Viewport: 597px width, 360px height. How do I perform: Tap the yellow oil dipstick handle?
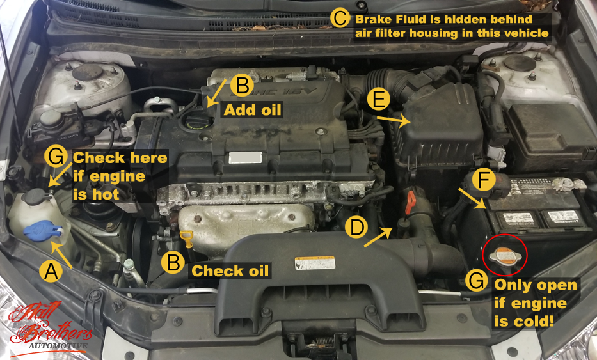point(187,239)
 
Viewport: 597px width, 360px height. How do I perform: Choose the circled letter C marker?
point(339,19)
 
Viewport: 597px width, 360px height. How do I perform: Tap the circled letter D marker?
point(356,227)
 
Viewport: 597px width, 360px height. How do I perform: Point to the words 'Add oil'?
point(252,110)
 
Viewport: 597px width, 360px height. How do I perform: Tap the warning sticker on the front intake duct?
point(315,263)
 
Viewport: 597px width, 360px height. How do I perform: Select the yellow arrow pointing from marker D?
point(378,236)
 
